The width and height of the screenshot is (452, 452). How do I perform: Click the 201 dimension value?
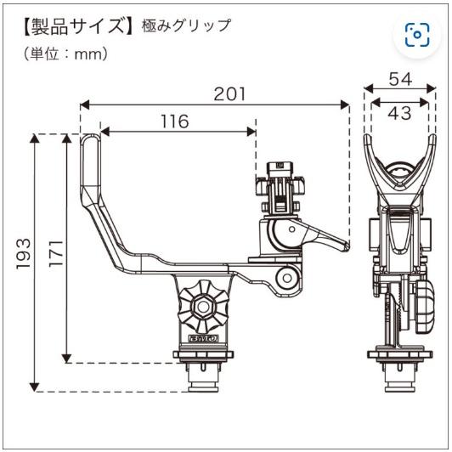229,93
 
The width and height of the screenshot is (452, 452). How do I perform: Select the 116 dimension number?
174,121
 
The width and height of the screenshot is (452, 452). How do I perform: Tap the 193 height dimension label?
24,253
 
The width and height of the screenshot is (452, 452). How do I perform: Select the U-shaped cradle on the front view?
395,170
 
